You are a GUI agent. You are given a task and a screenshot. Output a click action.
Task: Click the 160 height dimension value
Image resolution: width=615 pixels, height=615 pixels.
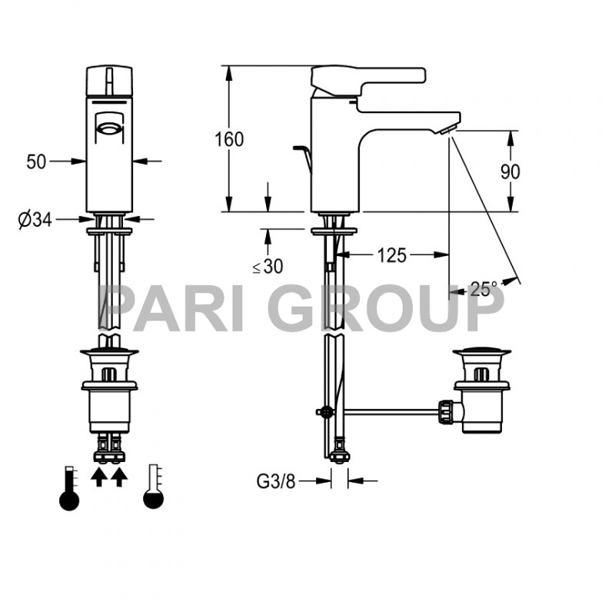(x=229, y=139)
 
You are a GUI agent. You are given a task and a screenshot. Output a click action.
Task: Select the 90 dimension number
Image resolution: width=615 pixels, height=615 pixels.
(x=510, y=171)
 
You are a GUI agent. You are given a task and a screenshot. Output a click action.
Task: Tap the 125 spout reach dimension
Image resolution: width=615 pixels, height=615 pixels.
(x=391, y=255)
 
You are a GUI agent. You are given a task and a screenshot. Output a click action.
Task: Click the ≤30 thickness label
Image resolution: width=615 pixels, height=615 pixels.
(x=268, y=267)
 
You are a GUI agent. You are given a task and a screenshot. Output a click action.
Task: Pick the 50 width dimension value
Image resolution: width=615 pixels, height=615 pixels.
(x=37, y=161)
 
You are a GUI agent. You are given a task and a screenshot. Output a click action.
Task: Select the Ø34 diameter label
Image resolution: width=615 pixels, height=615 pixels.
(x=35, y=220)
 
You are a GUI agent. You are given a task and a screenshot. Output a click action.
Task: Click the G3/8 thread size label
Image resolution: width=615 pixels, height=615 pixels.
(x=275, y=481)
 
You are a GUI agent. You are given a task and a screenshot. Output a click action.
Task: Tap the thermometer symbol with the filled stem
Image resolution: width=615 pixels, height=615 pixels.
(x=69, y=487)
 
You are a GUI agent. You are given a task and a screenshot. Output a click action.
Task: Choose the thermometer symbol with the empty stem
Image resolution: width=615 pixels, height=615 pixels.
(x=154, y=487)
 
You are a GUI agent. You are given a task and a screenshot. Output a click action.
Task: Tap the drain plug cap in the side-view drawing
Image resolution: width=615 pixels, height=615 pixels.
(x=480, y=354)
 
